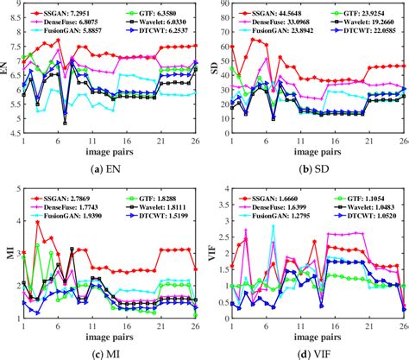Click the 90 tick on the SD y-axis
(x=223, y=7)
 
